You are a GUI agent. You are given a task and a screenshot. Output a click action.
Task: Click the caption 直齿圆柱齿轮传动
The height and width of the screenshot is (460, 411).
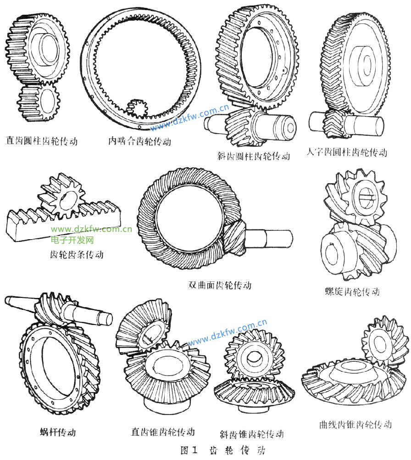pyautogui.click(x=41, y=140)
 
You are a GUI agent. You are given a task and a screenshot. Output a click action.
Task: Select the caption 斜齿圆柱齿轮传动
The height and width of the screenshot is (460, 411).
pyautogui.click(x=254, y=156)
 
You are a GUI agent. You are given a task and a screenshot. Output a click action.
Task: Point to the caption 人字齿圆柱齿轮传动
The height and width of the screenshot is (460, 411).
pyautogui.click(x=347, y=152)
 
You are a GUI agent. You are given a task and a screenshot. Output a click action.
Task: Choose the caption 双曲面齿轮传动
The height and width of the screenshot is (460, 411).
pyautogui.click(x=220, y=285)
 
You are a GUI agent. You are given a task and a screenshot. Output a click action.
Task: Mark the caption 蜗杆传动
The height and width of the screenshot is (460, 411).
pyautogui.click(x=58, y=432)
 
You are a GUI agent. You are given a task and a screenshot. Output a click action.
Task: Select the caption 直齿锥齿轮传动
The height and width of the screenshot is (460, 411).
pyautogui.click(x=163, y=432)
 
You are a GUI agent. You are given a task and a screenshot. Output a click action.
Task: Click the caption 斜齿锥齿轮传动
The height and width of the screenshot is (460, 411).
pyautogui.click(x=252, y=434)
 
